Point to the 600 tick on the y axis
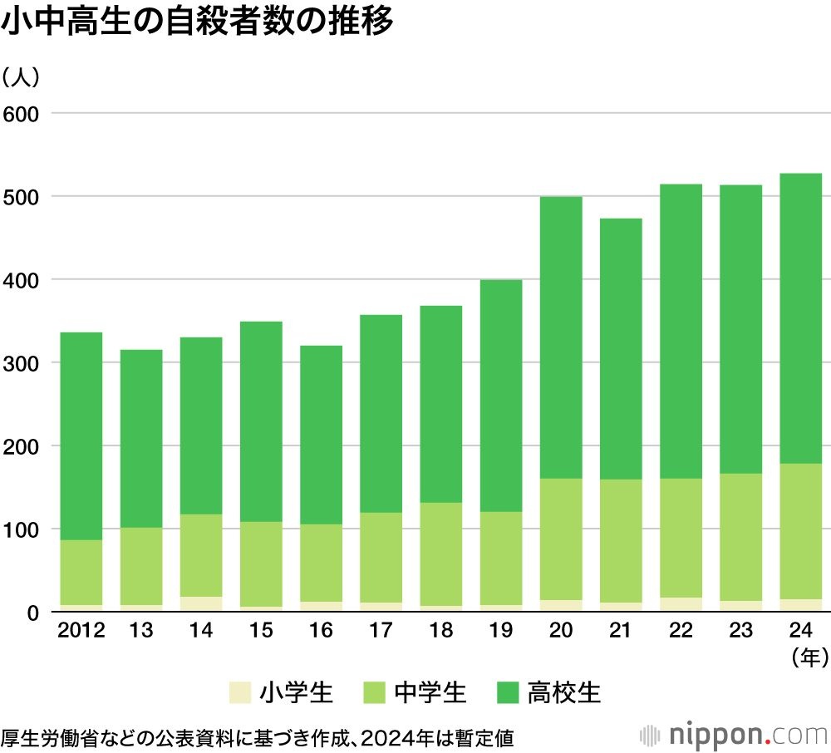pyautogui.click(x=22, y=113)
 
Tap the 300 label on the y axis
pyautogui.click(x=22, y=363)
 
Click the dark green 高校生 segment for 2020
pyautogui.click(x=560, y=337)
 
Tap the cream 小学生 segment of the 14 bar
pyautogui.click(x=201, y=604)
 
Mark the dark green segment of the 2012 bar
pyautogui.click(x=81, y=436)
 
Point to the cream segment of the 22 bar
pyautogui.click(x=680, y=605)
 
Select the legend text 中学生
pyautogui.click(x=430, y=692)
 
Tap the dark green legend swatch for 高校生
pyautogui.click(x=509, y=692)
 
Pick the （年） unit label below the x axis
pyautogui.click(x=808, y=659)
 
